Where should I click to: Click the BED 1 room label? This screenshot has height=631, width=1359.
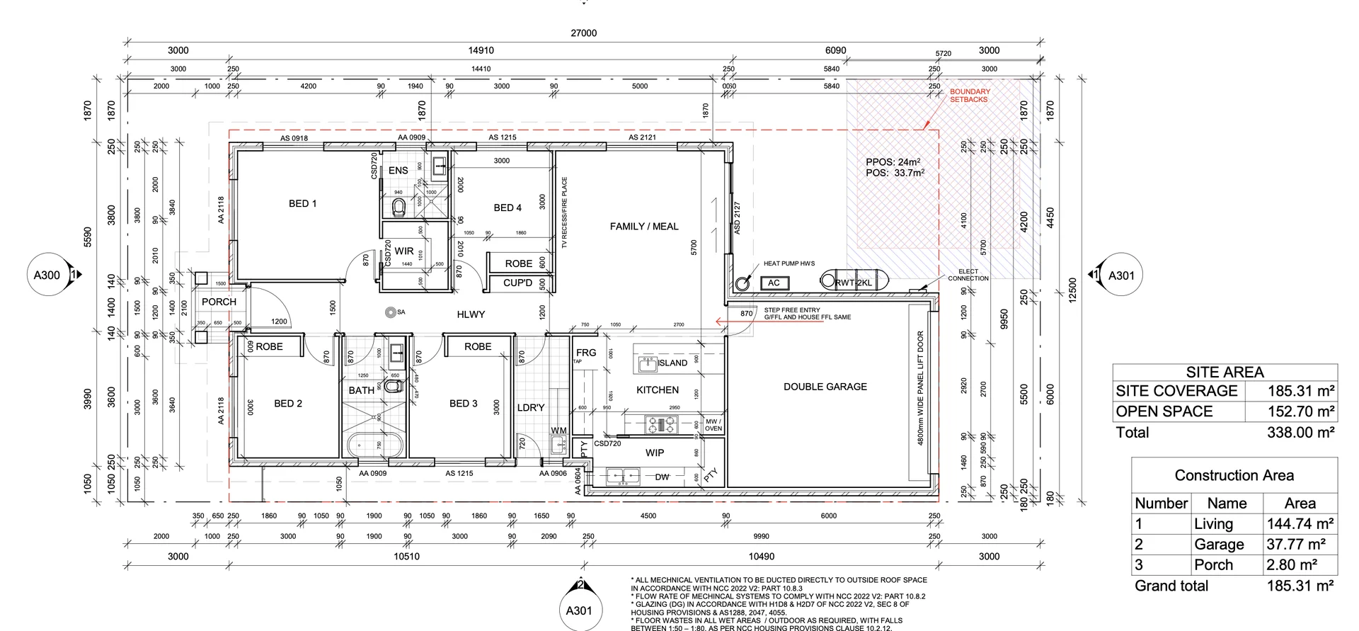pyautogui.click(x=302, y=204)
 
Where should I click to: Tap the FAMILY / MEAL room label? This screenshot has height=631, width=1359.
pyautogui.click(x=644, y=227)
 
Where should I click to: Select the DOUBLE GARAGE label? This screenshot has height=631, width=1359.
pyautogui.click(x=825, y=387)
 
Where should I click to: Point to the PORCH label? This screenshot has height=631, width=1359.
pyautogui.click(x=219, y=302)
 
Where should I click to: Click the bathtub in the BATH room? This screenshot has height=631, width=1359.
pyautogui.click(x=376, y=447)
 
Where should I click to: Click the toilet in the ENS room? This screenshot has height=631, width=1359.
pyautogui.click(x=398, y=207)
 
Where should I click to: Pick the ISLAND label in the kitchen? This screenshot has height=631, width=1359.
pyautogui.click(x=672, y=363)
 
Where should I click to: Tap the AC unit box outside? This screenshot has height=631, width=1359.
pyautogui.click(x=774, y=283)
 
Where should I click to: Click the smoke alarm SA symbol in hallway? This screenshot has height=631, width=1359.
pyautogui.click(x=390, y=312)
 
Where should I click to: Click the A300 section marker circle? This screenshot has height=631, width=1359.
pyautogui.click(x=47, y=275)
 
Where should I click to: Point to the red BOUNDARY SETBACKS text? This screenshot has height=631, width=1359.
pyautogui.click(x=970, y=96)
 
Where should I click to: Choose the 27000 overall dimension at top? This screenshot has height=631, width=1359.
pyautogui.click(x=583, y=33)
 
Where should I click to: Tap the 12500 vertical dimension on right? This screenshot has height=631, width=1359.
pyautogui.click(x=1072, y=290)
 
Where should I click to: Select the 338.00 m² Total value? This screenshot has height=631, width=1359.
pyautogui.click(x=1300, y=433)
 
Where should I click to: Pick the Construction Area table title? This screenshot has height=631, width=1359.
pyautogui.click(x=1234, y=475)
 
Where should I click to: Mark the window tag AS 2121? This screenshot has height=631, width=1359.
pyautogui.click(x=642, y=137)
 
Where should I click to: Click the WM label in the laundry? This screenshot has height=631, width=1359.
pyautogui.click(x=558, y=431)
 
